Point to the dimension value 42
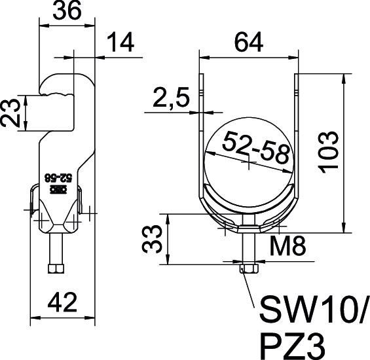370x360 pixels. (64, 303)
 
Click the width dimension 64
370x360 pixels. (249, 43)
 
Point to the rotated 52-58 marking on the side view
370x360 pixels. (56, 177)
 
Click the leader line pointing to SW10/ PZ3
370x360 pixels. (253, 288)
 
